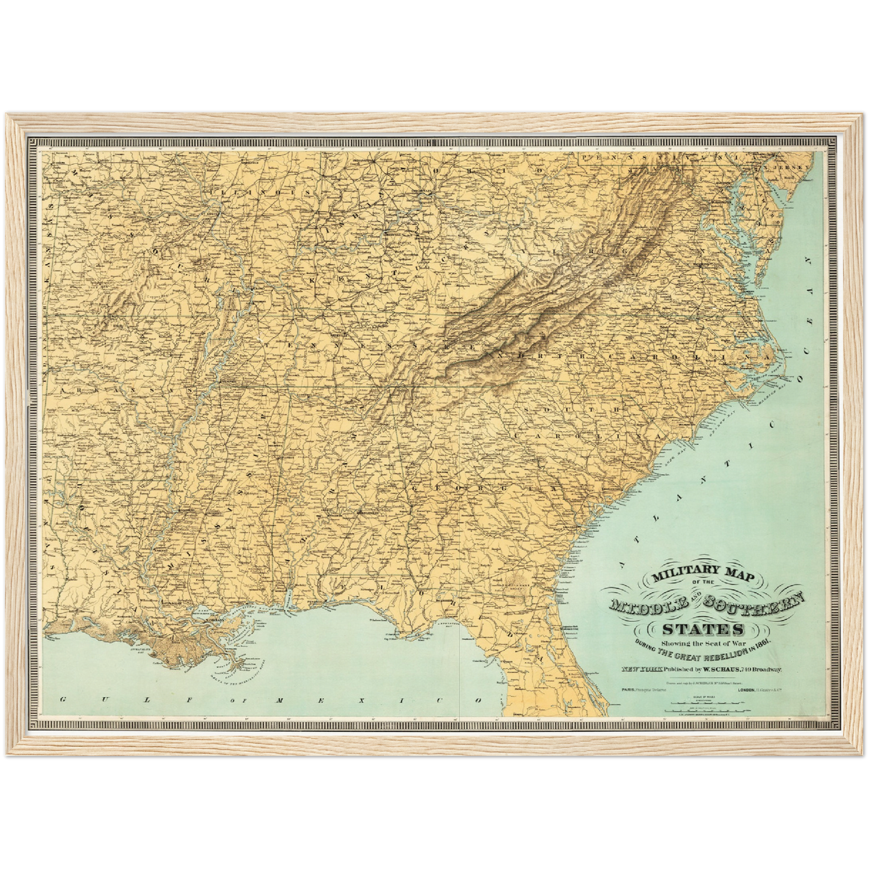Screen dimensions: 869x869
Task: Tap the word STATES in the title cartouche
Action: (x=702, y=630)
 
